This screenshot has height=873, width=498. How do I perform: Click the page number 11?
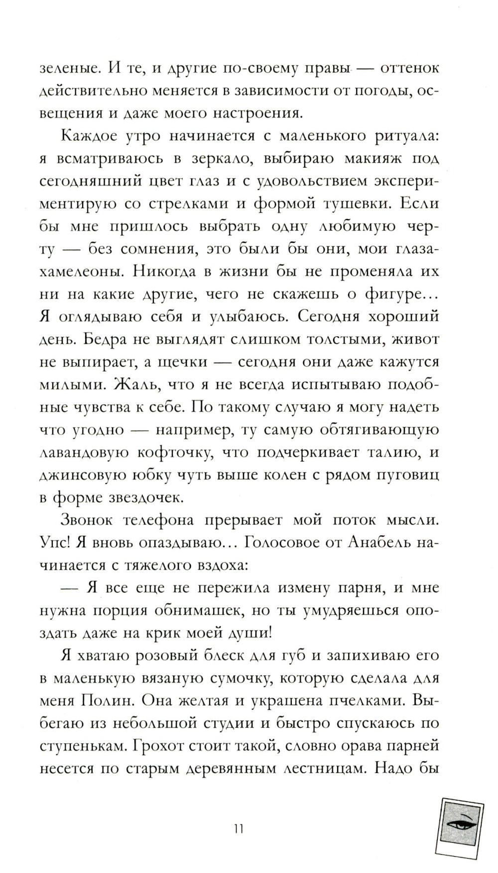coord(238,829)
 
